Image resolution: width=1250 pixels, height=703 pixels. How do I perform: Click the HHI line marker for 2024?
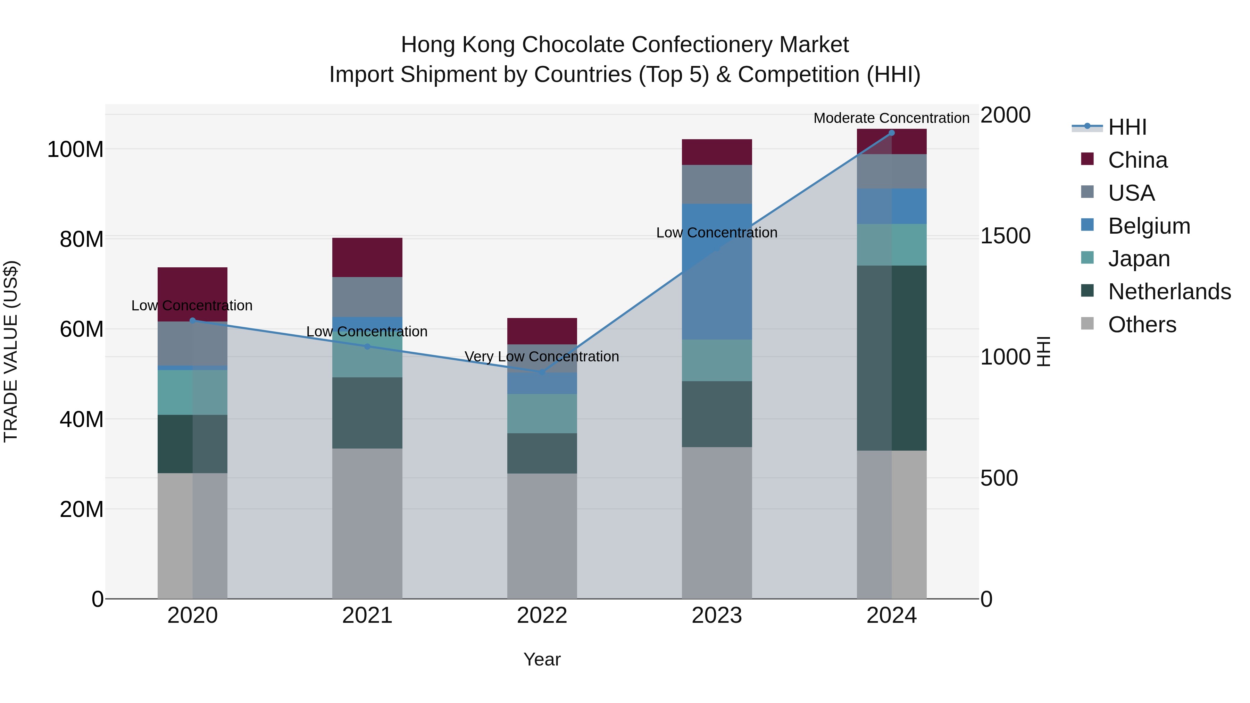(x=891, y=133)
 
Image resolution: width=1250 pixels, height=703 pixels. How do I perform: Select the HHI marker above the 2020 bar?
(x=193, y=320)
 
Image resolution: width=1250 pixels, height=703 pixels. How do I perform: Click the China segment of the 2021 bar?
(x=367, y=257)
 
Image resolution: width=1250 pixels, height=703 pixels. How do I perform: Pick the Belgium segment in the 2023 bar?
(x=717, y=272)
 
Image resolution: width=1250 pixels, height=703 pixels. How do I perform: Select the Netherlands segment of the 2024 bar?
(x=891, y=358)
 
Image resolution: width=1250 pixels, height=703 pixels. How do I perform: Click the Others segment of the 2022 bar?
(x=542, y=536)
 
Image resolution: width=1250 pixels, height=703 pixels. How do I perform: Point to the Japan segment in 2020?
(x=193, y=392)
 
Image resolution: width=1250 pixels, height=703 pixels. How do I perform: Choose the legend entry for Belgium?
(x=1149, y=226)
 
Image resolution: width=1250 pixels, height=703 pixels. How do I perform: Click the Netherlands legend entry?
(x=1169, y=292)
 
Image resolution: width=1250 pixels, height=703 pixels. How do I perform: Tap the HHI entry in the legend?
(x=1127, y=127)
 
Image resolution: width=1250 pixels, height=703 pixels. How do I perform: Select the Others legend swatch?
(x=1087, y=324)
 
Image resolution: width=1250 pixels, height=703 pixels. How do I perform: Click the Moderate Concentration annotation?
(x=891, y=118)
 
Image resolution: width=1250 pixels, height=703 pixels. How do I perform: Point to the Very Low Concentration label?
(x=542, y=357)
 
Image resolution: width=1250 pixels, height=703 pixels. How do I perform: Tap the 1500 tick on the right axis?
(x=1005, y=236)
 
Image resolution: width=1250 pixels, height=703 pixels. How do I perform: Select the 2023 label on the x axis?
(x=717, y=616)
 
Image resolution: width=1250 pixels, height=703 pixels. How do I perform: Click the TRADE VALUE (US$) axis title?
(x=11, y=351)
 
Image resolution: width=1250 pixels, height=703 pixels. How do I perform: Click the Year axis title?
(x=542, y=659)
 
